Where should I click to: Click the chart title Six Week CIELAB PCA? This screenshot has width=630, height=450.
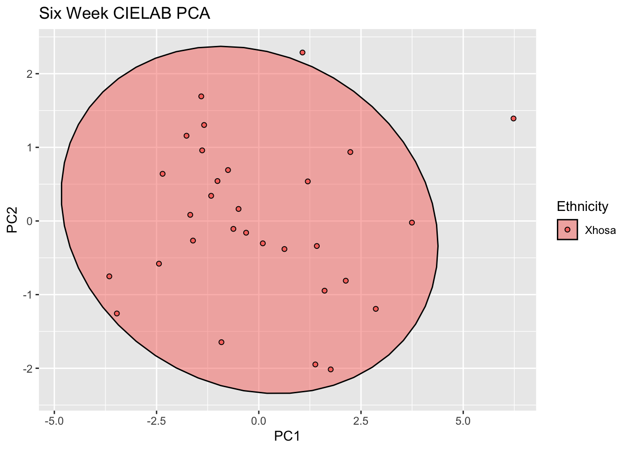tap(124, 14)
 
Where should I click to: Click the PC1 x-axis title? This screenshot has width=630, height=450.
tap(287, 436)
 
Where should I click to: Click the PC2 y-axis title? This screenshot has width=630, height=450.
tap(12, 221)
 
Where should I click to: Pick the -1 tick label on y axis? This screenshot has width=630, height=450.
tap(27, 295)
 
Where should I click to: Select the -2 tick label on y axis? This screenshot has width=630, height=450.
tap(27, 368)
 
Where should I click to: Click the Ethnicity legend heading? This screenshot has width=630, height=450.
tap(582, 206)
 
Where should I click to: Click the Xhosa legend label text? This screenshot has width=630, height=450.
tap(600, 230)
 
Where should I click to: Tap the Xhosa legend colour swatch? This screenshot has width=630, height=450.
tap(567, 230)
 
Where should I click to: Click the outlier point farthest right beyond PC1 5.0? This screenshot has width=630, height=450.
tap(513, 119)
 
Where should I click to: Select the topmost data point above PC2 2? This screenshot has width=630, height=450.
tap(302, 52)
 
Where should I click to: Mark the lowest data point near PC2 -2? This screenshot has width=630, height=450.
tap(330, 369)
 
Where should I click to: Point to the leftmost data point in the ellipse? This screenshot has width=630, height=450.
tap(109, 277)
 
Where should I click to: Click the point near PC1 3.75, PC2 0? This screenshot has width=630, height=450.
tap(412, 223)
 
